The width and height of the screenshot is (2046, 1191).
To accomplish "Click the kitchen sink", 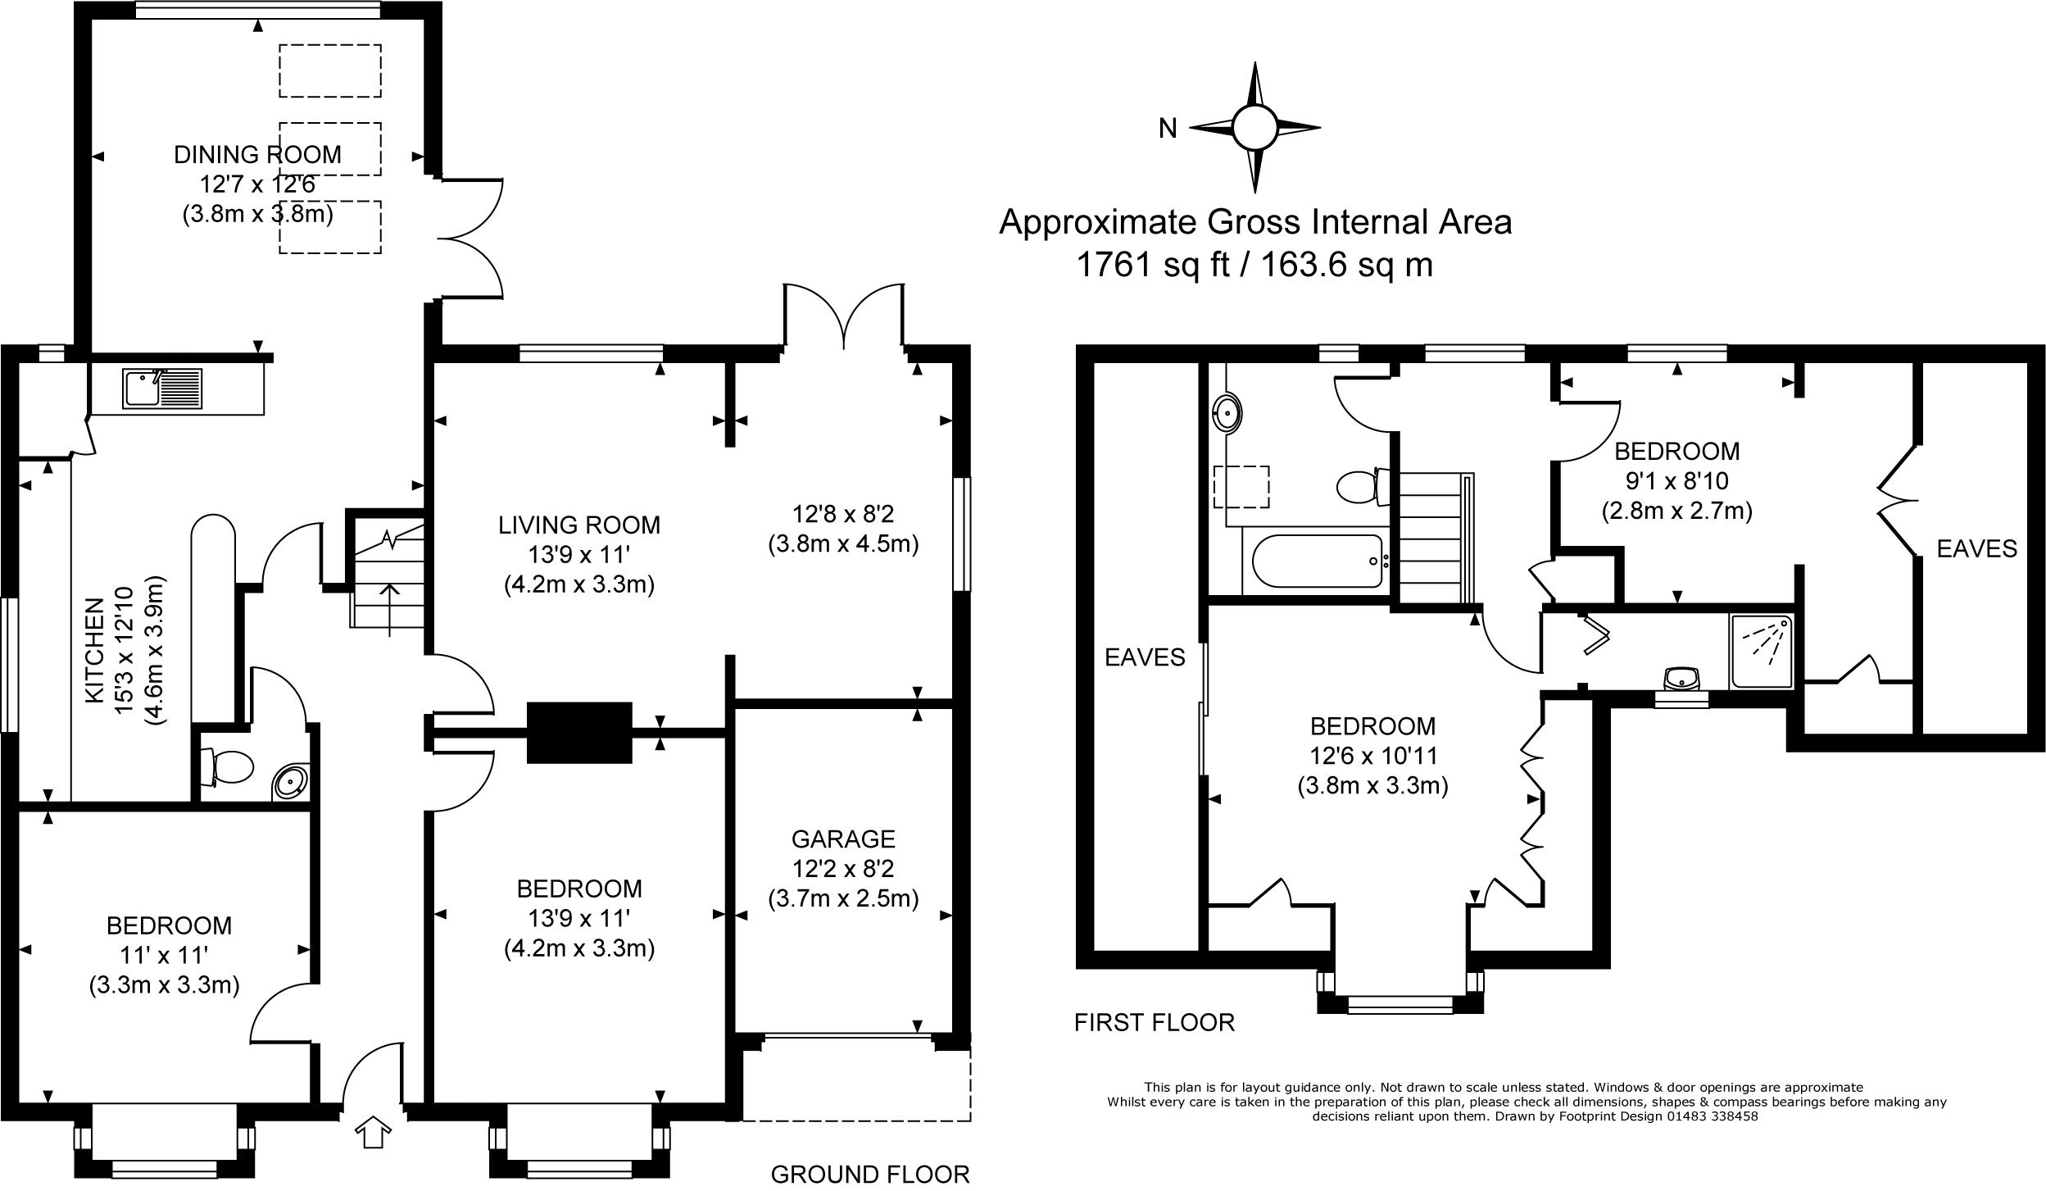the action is (x=162, y=389).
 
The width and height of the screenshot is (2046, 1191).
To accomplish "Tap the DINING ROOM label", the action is (x=257, y=154).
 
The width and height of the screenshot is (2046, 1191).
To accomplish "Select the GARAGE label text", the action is (x=843, y=839).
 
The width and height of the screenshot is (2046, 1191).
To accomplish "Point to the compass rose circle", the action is (x=1254, y=128).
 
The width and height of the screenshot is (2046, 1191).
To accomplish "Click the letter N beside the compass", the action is (x=1168, y=129).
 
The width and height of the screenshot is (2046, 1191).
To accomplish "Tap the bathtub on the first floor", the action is (x=1318, y=561).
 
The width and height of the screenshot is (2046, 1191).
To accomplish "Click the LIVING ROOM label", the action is (x=579, y=525).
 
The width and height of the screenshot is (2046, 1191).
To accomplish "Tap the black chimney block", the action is (x=579, y=733).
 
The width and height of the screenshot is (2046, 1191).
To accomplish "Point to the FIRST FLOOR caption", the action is (x=1154, y=1022).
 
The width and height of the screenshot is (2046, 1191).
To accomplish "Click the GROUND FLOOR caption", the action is (x=870, y=1174).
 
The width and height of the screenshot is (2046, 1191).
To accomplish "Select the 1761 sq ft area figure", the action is (x=1153, y=265).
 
